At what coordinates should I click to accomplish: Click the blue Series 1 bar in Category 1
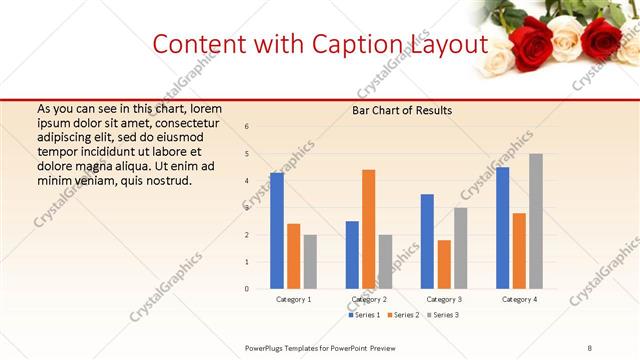277,230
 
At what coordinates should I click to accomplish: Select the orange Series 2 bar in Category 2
368,229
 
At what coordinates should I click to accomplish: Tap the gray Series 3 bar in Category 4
536,221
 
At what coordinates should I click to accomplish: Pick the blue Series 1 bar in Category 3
427,241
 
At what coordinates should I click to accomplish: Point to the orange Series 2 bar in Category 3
444,264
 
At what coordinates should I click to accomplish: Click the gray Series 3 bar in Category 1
310,261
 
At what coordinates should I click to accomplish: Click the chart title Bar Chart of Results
401,110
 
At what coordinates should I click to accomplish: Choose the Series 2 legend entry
403,315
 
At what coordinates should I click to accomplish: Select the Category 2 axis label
370,300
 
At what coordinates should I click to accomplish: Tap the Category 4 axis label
519,300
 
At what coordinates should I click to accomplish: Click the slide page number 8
589,347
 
